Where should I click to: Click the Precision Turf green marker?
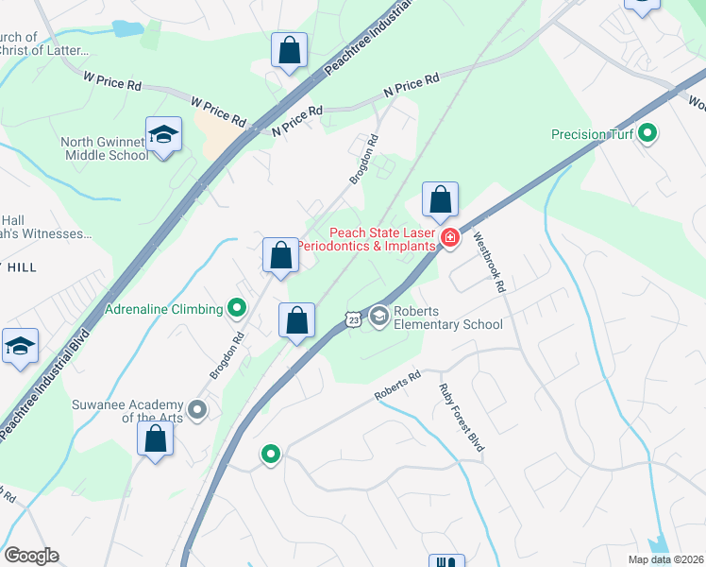click(647, 133)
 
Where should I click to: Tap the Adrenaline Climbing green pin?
click(237, 308)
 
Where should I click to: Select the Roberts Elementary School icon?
click(379, 316)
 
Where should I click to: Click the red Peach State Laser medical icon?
click(450, 236)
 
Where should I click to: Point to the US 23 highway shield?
click(352, 320)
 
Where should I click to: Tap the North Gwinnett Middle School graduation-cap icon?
click(163, 135)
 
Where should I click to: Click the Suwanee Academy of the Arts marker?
click(197, 409)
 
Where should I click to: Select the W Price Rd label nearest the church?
click(112, 83)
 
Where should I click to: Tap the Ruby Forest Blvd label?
click(462, 417)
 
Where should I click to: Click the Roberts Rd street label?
click(397, 386)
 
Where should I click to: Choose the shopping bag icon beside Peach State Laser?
click(440, 200)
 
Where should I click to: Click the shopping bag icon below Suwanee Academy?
click(155, 439)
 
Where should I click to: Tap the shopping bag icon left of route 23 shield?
click(296, 320)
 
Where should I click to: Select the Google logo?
click(31, 556)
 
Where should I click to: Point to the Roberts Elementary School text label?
click(447, 317)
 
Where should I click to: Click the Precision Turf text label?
click(592, 134)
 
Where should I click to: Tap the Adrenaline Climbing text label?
click(163, 308)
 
